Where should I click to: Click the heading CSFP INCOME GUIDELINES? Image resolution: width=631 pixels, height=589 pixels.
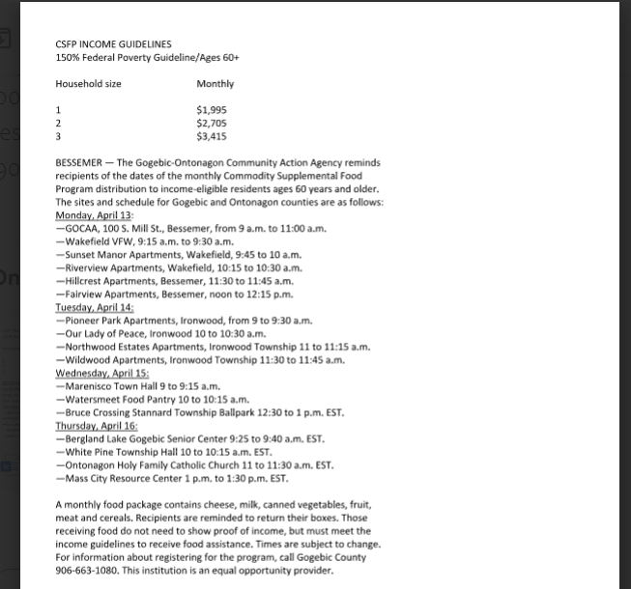[x=113, y=44]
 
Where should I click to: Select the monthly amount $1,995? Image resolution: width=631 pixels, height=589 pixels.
[x=212, y=110]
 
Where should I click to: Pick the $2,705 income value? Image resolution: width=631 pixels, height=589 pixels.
[x=212, y=124]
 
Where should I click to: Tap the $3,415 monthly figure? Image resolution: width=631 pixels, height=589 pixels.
[x=212, y=137]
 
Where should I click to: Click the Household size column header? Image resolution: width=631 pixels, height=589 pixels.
[x=88, y=84]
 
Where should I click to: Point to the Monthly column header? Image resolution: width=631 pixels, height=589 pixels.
[x=215, y=84]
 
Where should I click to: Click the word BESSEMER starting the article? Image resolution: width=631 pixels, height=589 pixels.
[x=79, y=163]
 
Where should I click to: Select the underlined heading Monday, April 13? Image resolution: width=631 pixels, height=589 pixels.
[x=94, y=215]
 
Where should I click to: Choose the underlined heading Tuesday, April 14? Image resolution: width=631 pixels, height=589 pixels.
[x=95, y=307]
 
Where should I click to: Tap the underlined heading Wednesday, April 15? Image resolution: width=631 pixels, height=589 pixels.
[x=101, y=373]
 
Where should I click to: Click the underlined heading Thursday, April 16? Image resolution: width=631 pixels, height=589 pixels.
[x=97, y=425]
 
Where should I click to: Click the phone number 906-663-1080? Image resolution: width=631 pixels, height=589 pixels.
[x=90, y=571]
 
